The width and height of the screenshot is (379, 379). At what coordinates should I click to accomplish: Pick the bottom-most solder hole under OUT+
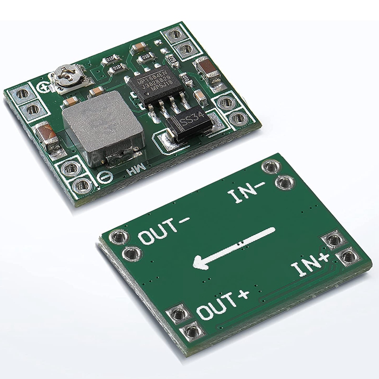(x=192, y=330)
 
